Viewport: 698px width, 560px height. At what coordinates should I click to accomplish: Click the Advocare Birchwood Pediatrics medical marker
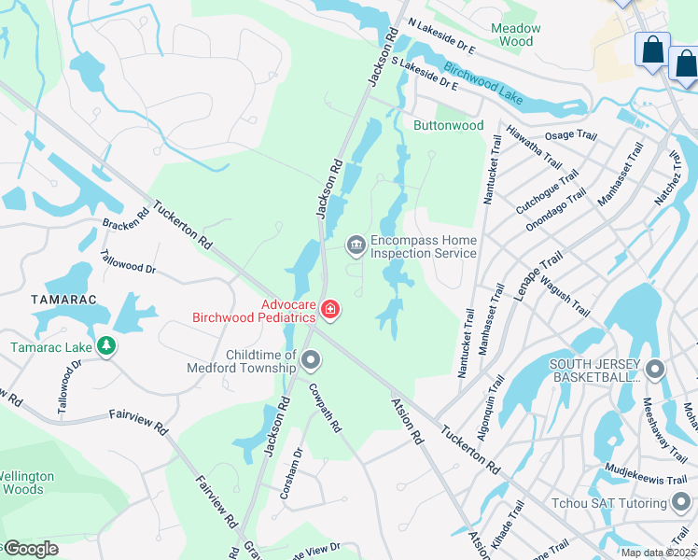click(329, 309)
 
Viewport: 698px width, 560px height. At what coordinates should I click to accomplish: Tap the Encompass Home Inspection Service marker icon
click(356, 245)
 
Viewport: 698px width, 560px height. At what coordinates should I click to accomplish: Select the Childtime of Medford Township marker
click(311, 359)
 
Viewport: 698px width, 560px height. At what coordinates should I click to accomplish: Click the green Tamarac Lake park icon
click(106, 346)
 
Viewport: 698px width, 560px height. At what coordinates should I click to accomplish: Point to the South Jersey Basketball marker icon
click(655, 369)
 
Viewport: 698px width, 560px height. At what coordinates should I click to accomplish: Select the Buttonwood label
click(449, 125)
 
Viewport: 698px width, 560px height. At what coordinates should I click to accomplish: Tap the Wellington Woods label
click(26, 483)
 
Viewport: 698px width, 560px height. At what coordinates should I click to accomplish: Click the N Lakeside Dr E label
click(441, 39)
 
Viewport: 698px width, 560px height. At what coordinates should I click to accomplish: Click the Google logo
click(32, 548)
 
